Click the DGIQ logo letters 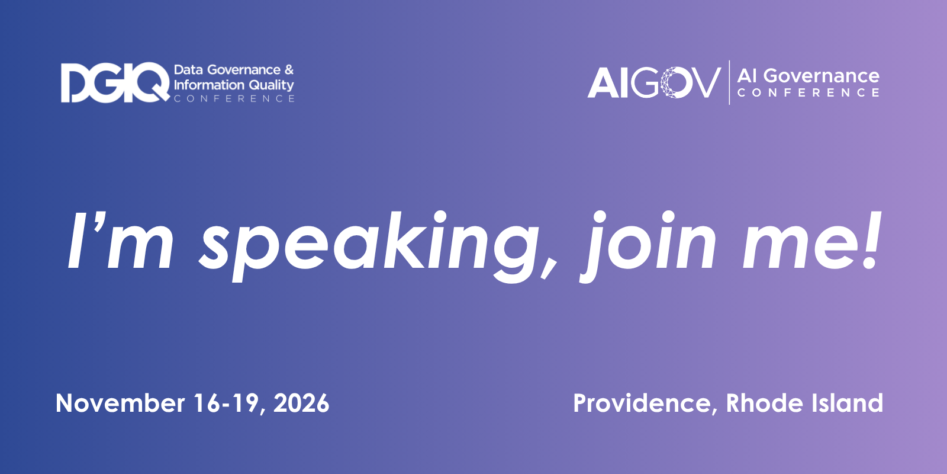point(115,82)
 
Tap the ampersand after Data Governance point(289,69)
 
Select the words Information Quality point(234,85)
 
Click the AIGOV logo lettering point(654,82)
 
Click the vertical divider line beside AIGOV point(729,82)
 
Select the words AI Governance point(809,76)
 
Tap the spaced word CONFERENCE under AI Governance point(809,92)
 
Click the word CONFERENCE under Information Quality point(234,98)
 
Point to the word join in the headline point(648,246)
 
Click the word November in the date point(120,403)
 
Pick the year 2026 point(301,403)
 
